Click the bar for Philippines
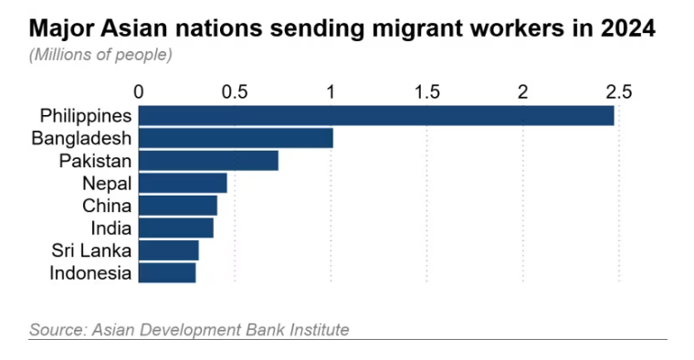click(376, 115)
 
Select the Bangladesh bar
click(236, 138)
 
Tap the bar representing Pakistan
click(208, 161)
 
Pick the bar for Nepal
click(183, 184)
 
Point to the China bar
click(178, 206)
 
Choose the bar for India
click(176, 228)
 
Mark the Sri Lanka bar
click(169, 250)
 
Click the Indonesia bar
click(167, 272)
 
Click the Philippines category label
click(87, 116)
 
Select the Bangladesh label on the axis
click(82, 139)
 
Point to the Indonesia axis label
click(90, 273)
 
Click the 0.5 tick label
click(235, 91)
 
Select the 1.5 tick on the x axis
click(426, 91)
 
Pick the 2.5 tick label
click(618, 91)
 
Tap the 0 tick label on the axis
click(139, 91)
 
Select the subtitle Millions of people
click(100, 55)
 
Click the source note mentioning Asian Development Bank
click(189, 329)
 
